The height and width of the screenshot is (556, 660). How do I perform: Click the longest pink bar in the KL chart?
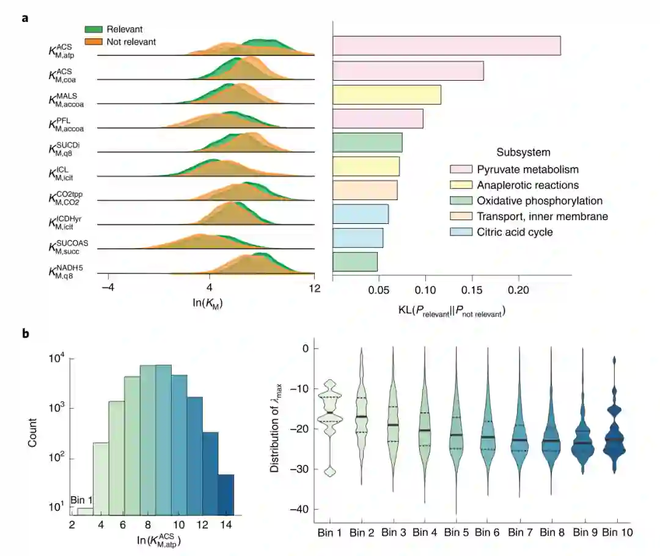coord(446,46)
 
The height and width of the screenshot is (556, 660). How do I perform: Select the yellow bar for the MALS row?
coord(386,95)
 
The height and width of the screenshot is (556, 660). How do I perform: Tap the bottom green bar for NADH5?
coord(354,261)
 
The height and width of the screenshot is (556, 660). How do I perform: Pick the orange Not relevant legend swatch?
coord(94,42)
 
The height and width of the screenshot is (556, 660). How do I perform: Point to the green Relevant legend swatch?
coord(94,29)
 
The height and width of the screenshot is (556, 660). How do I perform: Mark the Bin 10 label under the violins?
coord(617,532)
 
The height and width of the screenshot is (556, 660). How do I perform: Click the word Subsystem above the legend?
coord(522,152)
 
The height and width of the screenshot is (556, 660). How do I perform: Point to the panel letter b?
coord(25,334)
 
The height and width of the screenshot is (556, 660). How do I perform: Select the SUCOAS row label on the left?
coord(65,247)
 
